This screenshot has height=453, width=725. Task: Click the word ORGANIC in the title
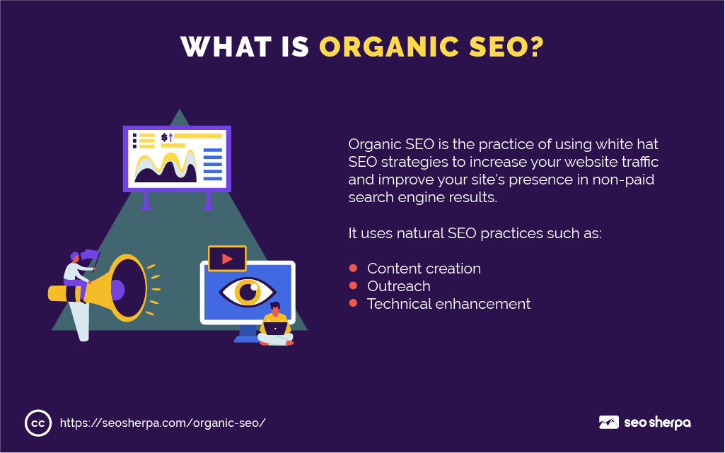point(389,47)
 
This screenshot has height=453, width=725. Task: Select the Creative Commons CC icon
point(38,423)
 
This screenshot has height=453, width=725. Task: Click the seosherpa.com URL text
point(163,423)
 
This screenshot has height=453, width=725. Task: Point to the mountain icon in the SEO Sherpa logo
point(608,422)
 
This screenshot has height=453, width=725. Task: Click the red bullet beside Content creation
point(353,268)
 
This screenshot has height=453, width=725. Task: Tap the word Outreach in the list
point(398,286)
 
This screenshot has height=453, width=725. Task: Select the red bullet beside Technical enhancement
point(353,303)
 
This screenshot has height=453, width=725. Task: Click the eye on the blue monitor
point(248,292)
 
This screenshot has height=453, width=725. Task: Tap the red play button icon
point(227,259)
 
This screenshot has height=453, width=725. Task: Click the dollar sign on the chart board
point(164,137)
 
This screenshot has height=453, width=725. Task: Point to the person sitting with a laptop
point(276,324)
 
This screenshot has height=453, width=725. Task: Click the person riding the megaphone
point(77,276)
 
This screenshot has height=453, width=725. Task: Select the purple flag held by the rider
point(90,255)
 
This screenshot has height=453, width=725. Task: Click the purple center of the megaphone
point(117,290)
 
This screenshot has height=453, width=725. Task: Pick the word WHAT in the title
point(226,47)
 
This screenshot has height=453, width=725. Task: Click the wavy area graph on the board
point(165,166)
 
